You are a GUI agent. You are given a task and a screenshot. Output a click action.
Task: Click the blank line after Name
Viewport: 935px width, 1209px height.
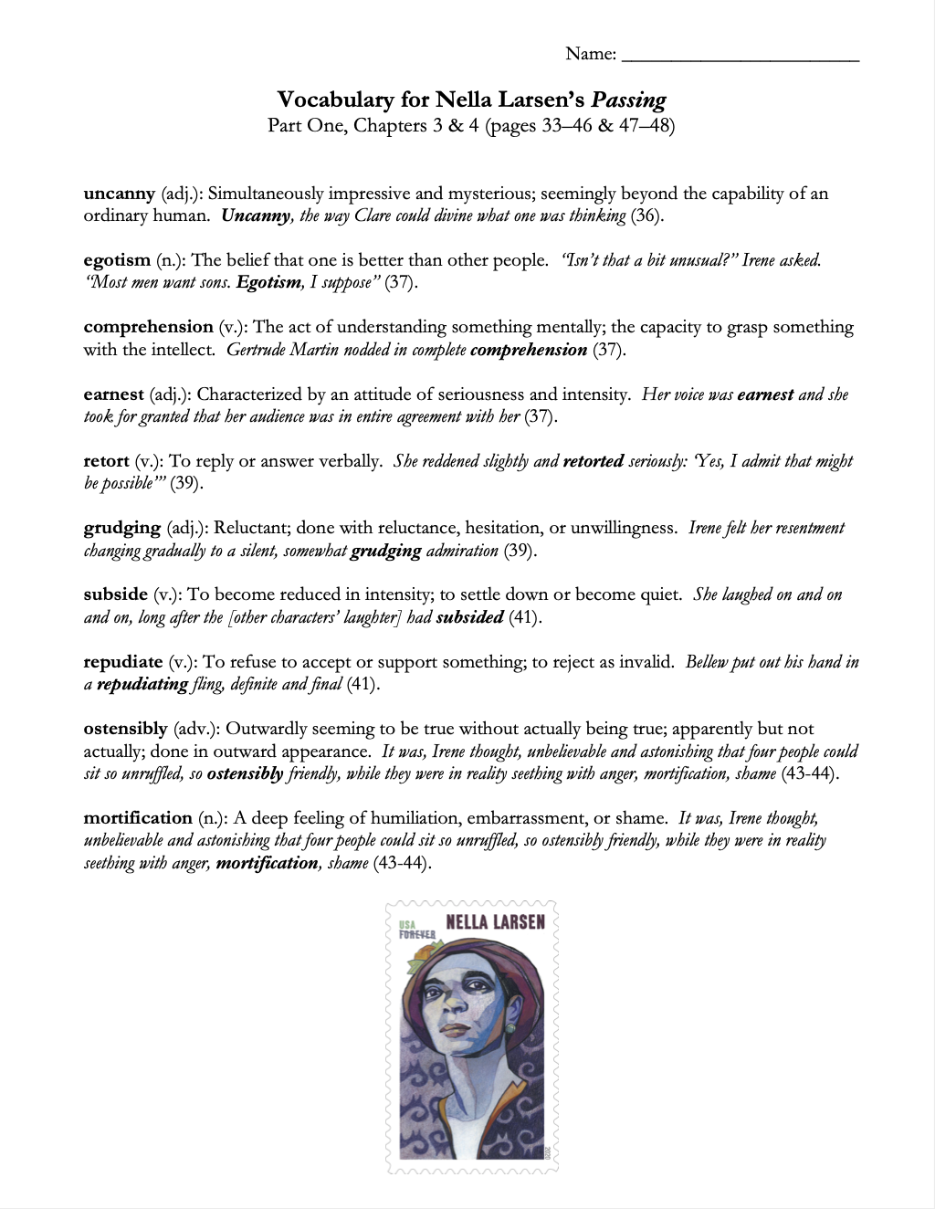(x=740, y=57)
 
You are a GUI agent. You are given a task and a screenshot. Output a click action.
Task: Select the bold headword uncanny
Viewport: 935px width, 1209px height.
(x=119, y=194)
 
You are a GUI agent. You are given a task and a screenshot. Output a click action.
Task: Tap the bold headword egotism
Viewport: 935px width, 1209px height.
(x=116, y=260)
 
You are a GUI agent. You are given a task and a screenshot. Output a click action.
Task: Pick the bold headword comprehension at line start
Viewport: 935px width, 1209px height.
(x=148, y=327)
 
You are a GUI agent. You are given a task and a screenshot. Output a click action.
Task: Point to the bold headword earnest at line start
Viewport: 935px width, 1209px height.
(x=113, y=394)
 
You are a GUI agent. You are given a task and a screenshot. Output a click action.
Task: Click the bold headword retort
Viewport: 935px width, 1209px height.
(x=106, y=461)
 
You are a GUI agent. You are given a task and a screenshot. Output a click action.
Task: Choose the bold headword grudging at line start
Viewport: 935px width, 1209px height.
(x=121, y=528)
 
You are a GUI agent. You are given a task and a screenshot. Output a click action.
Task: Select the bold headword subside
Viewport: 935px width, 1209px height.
(x=115, y=594)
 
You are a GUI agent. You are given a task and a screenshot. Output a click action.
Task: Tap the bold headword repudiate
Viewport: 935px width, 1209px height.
(x=123, y=662)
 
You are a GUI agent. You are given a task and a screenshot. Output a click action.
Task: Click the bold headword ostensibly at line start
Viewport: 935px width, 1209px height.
(x=125, y=729)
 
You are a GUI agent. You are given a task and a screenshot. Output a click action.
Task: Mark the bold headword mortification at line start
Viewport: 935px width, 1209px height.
(x=138, y=818)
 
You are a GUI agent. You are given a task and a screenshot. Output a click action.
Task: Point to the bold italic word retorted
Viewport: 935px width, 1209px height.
(x=593, y=461)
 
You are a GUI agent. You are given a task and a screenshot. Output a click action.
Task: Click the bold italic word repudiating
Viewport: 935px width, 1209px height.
(x=142, y=684)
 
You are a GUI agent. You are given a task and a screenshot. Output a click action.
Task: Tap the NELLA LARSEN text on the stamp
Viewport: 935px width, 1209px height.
(x=495, y=921)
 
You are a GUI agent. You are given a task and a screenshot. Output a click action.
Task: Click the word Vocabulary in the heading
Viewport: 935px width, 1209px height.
(x=335, y=100)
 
